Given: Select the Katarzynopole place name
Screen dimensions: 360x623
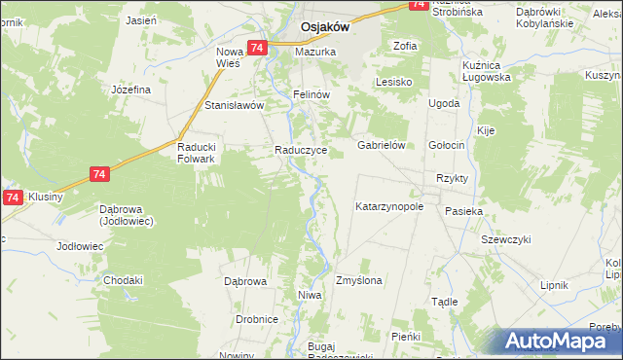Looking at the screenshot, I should [x=389, y=207].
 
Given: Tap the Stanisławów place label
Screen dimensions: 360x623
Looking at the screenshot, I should [x=233, y=105].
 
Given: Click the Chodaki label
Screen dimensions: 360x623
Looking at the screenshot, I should [x=124, y=280].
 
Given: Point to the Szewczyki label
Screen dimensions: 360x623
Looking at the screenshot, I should [x=505, y=239].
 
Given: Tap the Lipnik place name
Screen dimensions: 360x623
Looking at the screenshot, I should [x=554, y=285].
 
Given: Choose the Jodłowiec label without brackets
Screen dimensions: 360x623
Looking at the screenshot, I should [x=80, y=246].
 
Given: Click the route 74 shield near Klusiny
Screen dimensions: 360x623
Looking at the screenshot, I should [x=12, y=198].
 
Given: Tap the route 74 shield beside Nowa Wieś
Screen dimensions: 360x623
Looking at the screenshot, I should [x=257, y=48].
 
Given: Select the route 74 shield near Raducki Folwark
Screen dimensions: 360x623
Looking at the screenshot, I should [x=98, y=173].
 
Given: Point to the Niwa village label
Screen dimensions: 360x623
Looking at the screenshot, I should [x=310, y=295].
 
